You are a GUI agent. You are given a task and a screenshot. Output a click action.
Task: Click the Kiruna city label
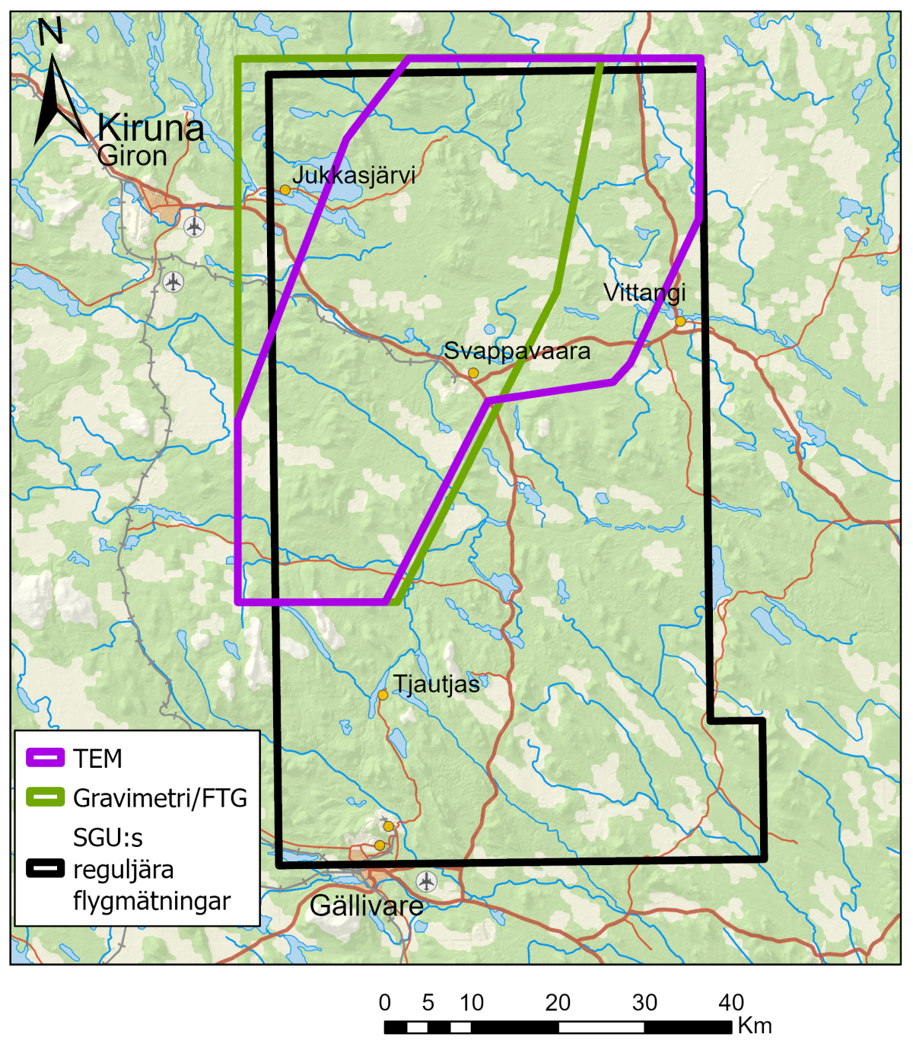pos(151,128)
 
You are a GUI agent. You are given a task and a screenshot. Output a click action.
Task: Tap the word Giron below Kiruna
pos(132,156)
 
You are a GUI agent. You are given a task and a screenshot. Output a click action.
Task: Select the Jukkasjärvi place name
pos(354,175)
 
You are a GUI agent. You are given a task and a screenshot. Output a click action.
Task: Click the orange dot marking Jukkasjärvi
pos(285,189)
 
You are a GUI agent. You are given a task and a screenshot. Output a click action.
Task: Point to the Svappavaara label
pos(517,352)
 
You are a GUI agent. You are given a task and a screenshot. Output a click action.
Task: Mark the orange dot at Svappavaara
pos(473,373)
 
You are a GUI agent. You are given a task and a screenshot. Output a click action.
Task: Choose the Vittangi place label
pos(644,292)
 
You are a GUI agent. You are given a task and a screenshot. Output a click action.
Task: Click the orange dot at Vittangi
pos(680,322)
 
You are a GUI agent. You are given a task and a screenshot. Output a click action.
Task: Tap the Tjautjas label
pos(436,685)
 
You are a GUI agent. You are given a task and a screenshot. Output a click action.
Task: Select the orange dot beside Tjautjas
pos(383,695)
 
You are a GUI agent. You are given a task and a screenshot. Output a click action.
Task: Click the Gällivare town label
pos(367,906)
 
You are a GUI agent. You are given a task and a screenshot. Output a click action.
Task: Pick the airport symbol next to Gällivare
pos(427,881)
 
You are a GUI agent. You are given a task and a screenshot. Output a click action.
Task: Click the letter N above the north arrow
pos(50,32)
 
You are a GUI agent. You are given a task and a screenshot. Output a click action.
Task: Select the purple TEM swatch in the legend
pos(46,758)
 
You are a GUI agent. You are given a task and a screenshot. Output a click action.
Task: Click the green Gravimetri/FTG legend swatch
pos(46,797)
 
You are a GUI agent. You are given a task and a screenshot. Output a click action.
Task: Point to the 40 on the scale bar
pos(731,1003)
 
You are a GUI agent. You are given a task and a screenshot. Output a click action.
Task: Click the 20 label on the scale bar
pos(558,1003)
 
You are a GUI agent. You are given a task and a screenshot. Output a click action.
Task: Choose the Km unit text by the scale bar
pos(755,1026)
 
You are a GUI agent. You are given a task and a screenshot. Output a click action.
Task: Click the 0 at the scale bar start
pos(385,1003)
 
